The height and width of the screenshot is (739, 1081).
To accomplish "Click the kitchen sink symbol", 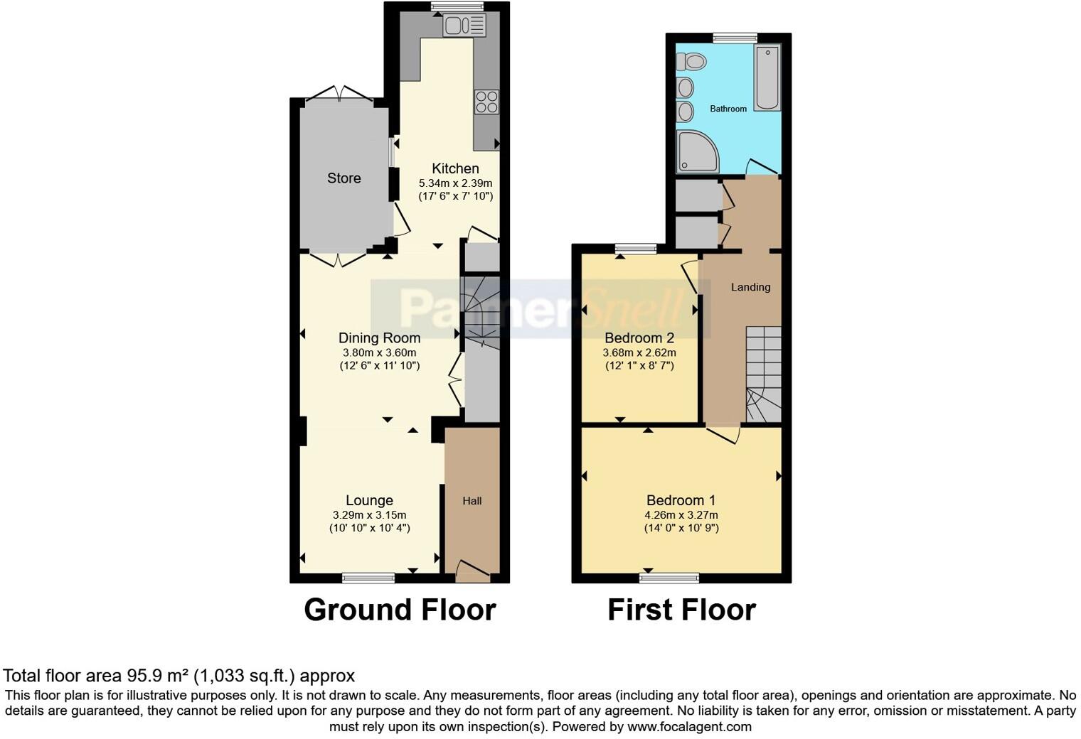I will (464, 26).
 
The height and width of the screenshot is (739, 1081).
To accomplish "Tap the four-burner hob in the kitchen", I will (486, 102).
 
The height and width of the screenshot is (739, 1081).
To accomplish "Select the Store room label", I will (344, 178).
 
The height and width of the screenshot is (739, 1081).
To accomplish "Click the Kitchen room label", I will (455, 168).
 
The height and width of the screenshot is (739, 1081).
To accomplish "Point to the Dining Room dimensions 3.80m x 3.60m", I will (379, 352).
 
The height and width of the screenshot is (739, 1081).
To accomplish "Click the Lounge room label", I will (369, 501).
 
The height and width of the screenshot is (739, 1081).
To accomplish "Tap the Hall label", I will (472, 501).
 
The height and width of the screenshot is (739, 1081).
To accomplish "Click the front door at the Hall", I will (472, 571).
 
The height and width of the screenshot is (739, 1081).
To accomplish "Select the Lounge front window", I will (368, 578).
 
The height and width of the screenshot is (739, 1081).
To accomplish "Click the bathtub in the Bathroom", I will (767, 77).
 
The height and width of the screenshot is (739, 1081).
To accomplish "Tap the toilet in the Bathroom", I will (691, 63).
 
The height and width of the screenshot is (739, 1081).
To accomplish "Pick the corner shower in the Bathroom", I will (696, 152).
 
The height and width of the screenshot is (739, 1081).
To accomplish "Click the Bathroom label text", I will (728, 109).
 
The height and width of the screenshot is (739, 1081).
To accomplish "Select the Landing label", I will (750, 287).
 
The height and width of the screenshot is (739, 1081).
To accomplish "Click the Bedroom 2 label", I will (639, 338).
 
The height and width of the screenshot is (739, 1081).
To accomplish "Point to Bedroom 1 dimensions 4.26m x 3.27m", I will (681, 515).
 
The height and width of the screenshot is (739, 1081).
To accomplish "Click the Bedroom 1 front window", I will (669, 578).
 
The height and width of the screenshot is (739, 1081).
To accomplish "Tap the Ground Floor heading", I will (400, 610).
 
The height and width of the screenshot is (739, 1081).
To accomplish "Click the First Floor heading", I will (681, 610).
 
